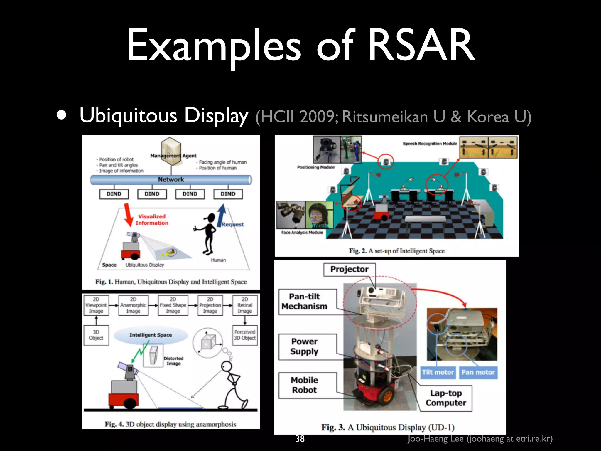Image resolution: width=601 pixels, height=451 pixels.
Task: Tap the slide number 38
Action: (x=300, y=439)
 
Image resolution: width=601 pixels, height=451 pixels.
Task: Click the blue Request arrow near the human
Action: (x=222, y=216)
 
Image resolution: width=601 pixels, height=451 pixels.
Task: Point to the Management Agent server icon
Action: (x=171, y=147)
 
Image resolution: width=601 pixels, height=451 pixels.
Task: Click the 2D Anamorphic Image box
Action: (x=133, y=305)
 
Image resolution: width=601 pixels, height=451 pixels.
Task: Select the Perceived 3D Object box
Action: (x=245, y=335)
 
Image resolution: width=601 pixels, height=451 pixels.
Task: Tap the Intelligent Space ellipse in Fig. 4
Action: (x=151, y=335)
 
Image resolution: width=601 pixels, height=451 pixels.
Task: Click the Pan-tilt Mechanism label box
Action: (x=305, y=302)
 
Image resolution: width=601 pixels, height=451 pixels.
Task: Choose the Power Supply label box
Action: (x=305, y=346)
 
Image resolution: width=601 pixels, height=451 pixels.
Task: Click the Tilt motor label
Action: (x=438, y=372)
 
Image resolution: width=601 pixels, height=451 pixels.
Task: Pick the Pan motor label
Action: (x=478, y=372)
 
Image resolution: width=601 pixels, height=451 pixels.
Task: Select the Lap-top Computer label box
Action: (x=446, y=398)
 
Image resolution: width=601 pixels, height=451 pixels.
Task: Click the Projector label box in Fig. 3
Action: (x=349, y=269)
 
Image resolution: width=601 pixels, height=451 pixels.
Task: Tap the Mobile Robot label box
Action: (x=305, y=385)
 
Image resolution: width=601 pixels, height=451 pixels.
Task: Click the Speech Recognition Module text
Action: (x=430, y=144)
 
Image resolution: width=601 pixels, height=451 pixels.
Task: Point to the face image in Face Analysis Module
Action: (x=319, y=215)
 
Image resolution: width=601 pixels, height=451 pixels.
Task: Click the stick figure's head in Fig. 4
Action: (x=226, y=367)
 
